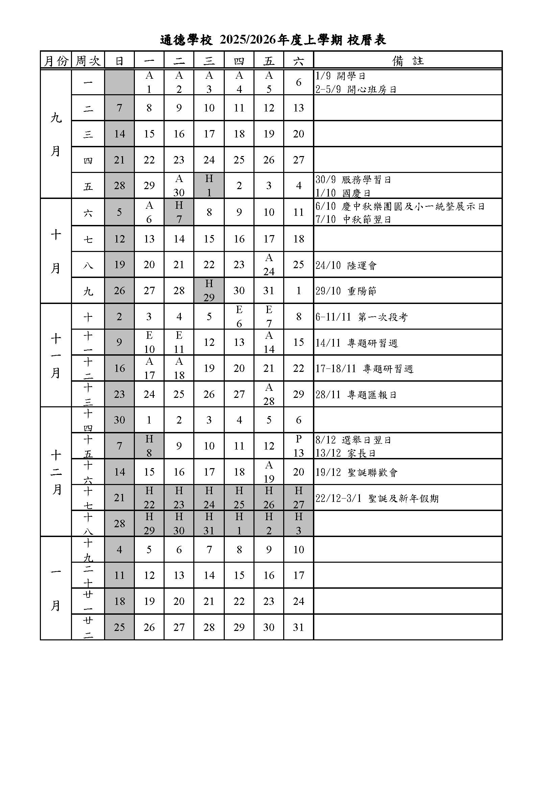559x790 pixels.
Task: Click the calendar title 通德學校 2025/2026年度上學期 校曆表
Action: (273, 40)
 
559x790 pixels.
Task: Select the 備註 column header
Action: (408, 61)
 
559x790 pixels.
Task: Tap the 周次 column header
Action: (88, 61)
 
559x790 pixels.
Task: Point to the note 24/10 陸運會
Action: (346, 265)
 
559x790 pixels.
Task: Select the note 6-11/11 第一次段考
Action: (361, 317)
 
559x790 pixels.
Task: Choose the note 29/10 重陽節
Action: (346, 291)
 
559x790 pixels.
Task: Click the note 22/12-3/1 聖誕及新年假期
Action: (376, 498)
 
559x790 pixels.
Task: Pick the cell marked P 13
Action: (298, 446)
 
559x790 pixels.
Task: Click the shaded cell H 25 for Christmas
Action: (239, 498)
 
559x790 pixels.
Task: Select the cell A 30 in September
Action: (179, 185)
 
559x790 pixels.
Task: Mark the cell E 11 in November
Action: (179, 342)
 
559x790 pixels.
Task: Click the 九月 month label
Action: (56, 134)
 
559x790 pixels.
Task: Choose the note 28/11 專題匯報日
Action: (356, 394)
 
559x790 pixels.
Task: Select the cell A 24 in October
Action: (269, 264)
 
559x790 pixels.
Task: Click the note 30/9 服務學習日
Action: (353, 180)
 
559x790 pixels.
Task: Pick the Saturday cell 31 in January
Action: (298, 627)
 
